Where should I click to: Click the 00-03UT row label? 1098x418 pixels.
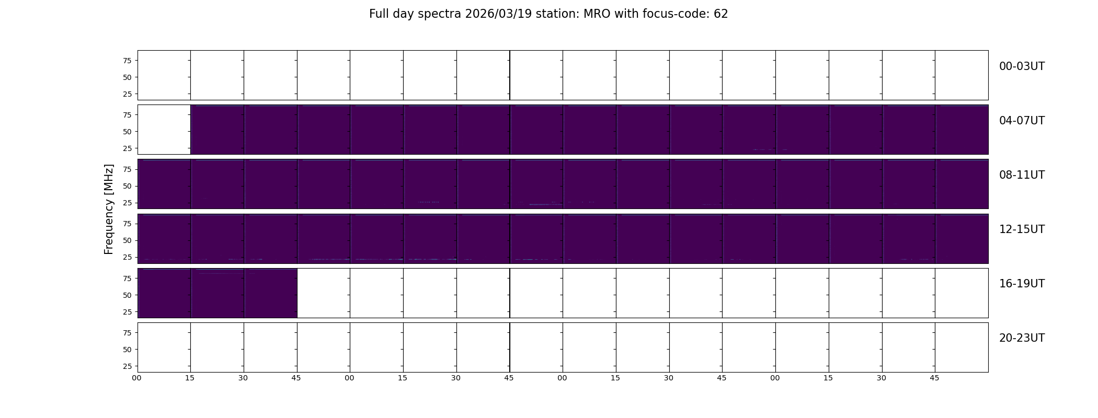1022,66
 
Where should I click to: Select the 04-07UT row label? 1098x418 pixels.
1022,121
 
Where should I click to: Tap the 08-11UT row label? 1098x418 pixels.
1022,175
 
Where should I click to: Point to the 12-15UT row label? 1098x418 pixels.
1022,229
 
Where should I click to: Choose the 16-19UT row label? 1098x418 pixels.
1022,284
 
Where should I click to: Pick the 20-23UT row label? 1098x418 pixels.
1022,338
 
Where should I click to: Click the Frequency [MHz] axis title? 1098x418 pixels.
109,209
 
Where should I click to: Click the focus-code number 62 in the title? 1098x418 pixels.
721,14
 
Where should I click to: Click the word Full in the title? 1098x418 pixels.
379,14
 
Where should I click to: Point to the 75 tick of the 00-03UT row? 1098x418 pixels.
127,61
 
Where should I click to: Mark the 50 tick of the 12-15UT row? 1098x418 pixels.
127,240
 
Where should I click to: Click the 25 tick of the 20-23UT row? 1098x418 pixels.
127,366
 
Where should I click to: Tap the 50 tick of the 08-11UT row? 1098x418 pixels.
127,186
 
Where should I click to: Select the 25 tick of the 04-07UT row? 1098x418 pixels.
127,148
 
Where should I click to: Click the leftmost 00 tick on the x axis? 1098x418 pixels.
136,378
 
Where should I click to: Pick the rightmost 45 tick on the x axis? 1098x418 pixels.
934,378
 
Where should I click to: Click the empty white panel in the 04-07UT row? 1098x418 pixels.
164,130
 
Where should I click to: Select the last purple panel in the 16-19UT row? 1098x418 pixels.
270,293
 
